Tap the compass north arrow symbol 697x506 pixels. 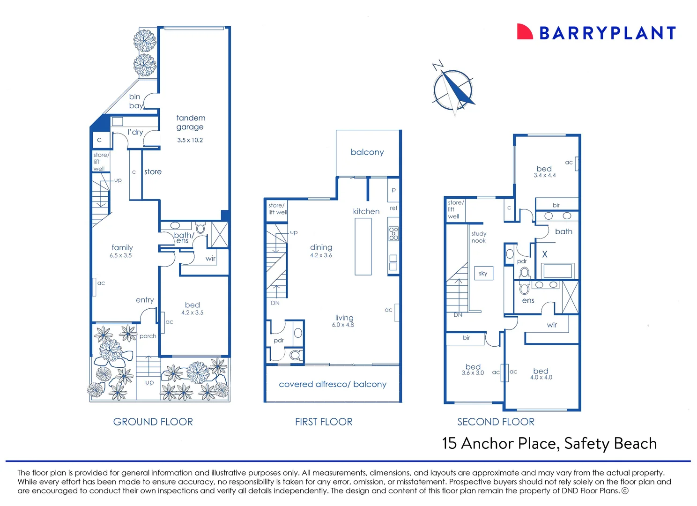point(453,89)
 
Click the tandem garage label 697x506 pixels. point(191,122)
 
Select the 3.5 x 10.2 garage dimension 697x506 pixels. point(190,140)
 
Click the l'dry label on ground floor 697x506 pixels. point(135,133)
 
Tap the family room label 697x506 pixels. point(122,247)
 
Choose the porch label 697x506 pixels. point(148,336)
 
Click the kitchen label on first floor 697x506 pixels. point(366,211)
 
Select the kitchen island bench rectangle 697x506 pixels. point(363,246)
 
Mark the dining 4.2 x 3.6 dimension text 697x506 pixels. point(321,255)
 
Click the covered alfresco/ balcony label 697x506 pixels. point(333,384)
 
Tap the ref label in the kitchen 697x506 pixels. point(393,208)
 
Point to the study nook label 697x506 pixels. point(479,237)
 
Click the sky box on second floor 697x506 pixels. point(483,273)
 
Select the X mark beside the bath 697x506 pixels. point(545,254)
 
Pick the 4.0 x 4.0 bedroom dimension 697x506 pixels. point(541,377)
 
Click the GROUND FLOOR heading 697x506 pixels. point(153,422)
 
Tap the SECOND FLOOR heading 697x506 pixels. point(496,422)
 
